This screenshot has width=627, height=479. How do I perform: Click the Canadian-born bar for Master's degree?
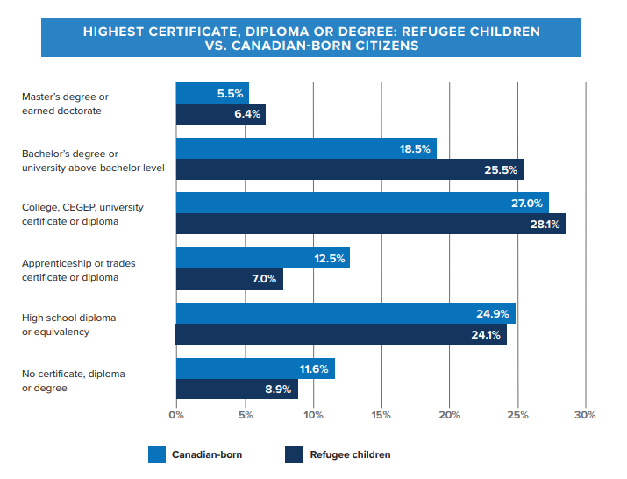pyautogui.click(x=212, y=93)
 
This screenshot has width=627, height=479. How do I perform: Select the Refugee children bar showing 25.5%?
pyautogui.click(x=349, y=169)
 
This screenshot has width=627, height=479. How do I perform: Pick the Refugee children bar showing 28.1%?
pyautogui.click(x=370, y=224)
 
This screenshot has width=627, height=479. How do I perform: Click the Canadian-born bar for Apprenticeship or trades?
pyautogui.click(x=262, y=258)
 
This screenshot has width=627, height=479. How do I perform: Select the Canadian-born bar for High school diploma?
pyautogui.click(x=345, y=313)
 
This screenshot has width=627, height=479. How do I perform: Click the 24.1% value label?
pyautogui.click(x=486, y=334)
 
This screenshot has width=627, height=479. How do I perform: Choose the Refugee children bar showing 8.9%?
pyautogui.click(x=237, y=390)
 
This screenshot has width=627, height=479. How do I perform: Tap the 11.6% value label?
pyautogui.click(x=314, y=369)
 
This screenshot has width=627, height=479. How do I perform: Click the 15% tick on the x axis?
pyautogui.click(x=381, y=414)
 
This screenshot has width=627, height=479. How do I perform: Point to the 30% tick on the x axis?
pyautogui.click(x=585, y=414)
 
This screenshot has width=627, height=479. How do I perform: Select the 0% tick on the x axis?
pyautogui.click(x=176, y=414)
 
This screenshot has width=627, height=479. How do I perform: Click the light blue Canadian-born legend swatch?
pyautogui.click(x=157, y=454)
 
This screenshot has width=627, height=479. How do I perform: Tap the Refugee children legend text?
pyautogui.click(x=350, y=454)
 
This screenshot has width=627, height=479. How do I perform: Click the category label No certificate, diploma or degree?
pyautogui.click(x=73, y=380)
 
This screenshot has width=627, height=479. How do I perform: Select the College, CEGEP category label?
pyautogui.click(x=82, y=214)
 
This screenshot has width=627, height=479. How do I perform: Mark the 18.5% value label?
pyautogui.click(x=415, y=149)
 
